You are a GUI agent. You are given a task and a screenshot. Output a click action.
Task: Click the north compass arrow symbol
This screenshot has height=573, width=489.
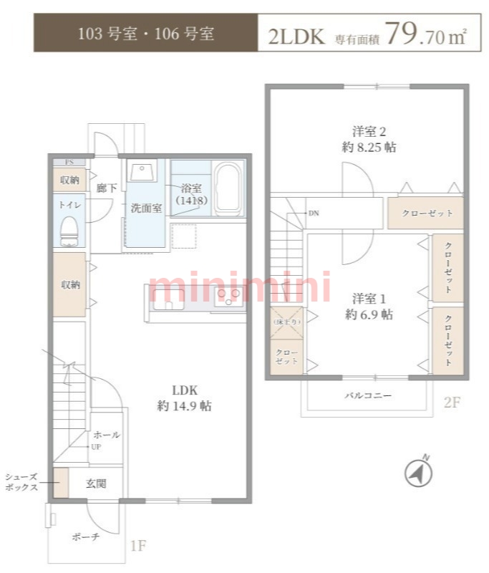[417, 471]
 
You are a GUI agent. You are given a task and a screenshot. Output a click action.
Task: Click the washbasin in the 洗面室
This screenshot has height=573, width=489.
[140, 175]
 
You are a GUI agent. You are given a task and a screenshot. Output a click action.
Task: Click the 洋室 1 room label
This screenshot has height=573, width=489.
[369, 306]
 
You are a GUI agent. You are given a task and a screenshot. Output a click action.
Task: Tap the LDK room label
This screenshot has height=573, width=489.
[184, 398]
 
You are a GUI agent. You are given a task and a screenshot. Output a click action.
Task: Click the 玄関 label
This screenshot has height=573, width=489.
[97, 483]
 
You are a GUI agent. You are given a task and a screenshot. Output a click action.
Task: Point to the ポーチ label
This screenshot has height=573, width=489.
[86, 537]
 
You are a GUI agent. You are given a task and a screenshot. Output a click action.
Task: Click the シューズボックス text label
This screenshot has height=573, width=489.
[21, 482]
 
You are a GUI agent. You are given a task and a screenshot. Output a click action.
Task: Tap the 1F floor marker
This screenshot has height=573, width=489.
[138, 546]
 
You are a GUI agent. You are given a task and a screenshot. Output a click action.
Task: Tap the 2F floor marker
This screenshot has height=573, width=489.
[451, 403]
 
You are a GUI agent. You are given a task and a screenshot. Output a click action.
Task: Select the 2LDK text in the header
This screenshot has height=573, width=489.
[296, 36]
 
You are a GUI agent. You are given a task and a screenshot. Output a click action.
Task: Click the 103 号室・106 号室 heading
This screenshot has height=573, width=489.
[145, 34]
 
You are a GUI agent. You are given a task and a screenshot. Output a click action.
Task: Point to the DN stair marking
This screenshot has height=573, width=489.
[314, 213]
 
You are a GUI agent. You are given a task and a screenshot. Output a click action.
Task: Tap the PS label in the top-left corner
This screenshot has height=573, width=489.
[69, 162]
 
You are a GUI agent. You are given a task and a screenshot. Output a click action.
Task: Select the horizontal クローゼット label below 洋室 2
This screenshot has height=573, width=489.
[426, 213]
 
